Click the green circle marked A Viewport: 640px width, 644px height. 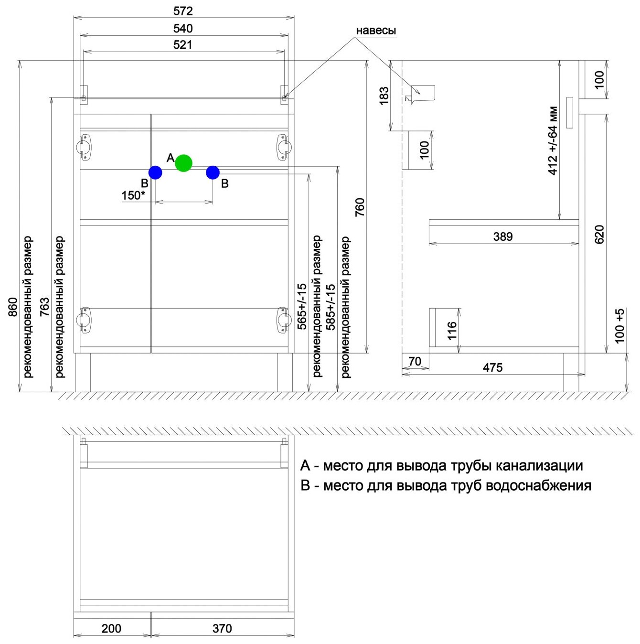point(183,163)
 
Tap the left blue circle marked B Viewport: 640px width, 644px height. point(155,172)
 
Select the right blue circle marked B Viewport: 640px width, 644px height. point(213,172)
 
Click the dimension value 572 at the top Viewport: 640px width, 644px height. point(183,11)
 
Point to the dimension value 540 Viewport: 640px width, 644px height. point(183,28)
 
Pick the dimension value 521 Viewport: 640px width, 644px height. point(183,45)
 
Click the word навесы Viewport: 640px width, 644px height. point(376,31)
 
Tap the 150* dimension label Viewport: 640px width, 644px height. point(133,195)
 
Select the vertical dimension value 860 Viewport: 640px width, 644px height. point(13,307)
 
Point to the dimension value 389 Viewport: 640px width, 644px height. point(503,236)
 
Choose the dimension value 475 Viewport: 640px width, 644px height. point(492,367)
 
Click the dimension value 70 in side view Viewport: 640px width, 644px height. point(415,361)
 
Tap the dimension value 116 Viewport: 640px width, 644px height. point(452,331)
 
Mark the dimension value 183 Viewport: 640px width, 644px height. point(384,96)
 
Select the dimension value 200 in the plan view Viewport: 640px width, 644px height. point(111,628)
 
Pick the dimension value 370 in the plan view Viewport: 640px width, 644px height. point(222,628)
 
